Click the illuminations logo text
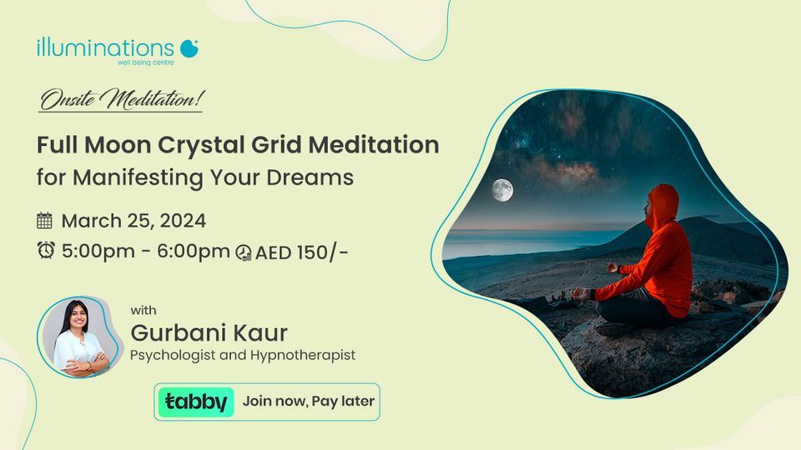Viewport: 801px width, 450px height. [105, 47]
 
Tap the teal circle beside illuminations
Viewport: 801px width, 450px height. [189, 47]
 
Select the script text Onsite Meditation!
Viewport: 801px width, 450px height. [120, 102]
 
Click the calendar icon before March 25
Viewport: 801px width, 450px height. [44, 221]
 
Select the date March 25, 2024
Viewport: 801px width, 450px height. [133, 221]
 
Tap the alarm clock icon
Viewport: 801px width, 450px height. [44, 250]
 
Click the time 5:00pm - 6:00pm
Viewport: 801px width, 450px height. [145, 251]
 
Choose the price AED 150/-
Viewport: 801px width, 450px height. [302, 252]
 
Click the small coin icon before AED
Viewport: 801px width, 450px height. [244, 252]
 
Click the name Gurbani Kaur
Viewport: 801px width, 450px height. [209, 333]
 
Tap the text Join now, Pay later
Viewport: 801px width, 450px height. [308, 402]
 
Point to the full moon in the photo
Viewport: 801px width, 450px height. [501, 191]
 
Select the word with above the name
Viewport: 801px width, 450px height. [144, 310]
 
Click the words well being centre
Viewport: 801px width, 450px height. [146, 62]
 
